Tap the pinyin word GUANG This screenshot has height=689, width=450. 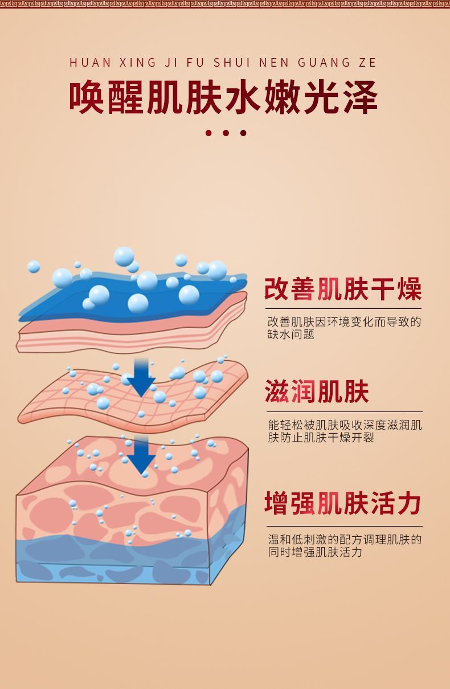tap(322, 63)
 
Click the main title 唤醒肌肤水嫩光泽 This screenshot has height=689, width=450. tap(224, 98)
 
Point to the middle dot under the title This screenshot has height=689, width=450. tap(226, 133)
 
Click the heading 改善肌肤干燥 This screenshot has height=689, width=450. tap(343, 289)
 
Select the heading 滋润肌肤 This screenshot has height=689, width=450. tap(317, 392)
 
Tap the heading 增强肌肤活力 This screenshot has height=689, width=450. tap(343, 504)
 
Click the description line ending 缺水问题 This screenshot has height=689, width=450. tap(291, 335)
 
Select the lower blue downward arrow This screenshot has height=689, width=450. tap(141, 454)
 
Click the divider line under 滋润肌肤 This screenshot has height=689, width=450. tap(344, 411)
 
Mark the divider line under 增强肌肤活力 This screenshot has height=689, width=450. tap(344, 526)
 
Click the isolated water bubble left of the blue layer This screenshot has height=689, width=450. tap(34, 266)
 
